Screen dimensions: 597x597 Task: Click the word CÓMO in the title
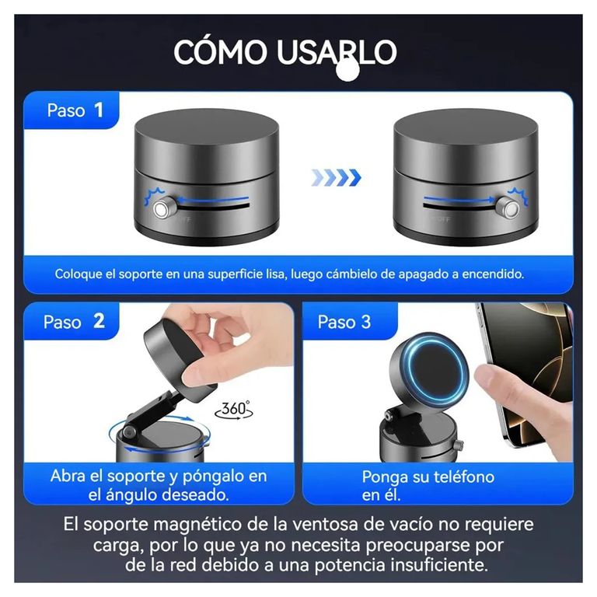point(221,51)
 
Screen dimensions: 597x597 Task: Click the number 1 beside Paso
point(99,110)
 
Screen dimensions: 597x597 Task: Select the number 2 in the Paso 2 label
point(99,321)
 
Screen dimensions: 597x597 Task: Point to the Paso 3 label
point(344,322)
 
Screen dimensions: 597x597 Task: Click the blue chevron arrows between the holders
point(336,177)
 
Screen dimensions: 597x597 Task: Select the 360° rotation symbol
point(234,410)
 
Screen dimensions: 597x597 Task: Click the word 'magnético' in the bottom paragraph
point(199,525)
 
